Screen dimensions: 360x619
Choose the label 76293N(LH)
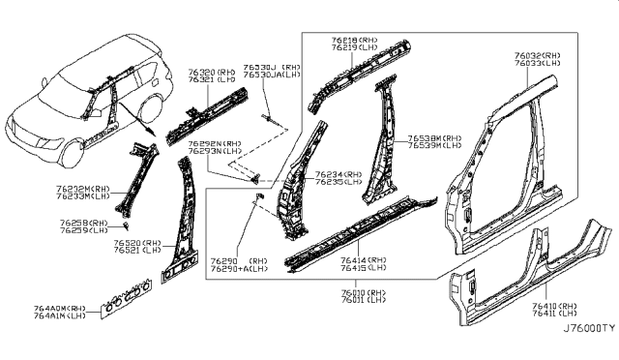[215, 150]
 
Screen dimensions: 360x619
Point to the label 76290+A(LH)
[243, 269]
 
